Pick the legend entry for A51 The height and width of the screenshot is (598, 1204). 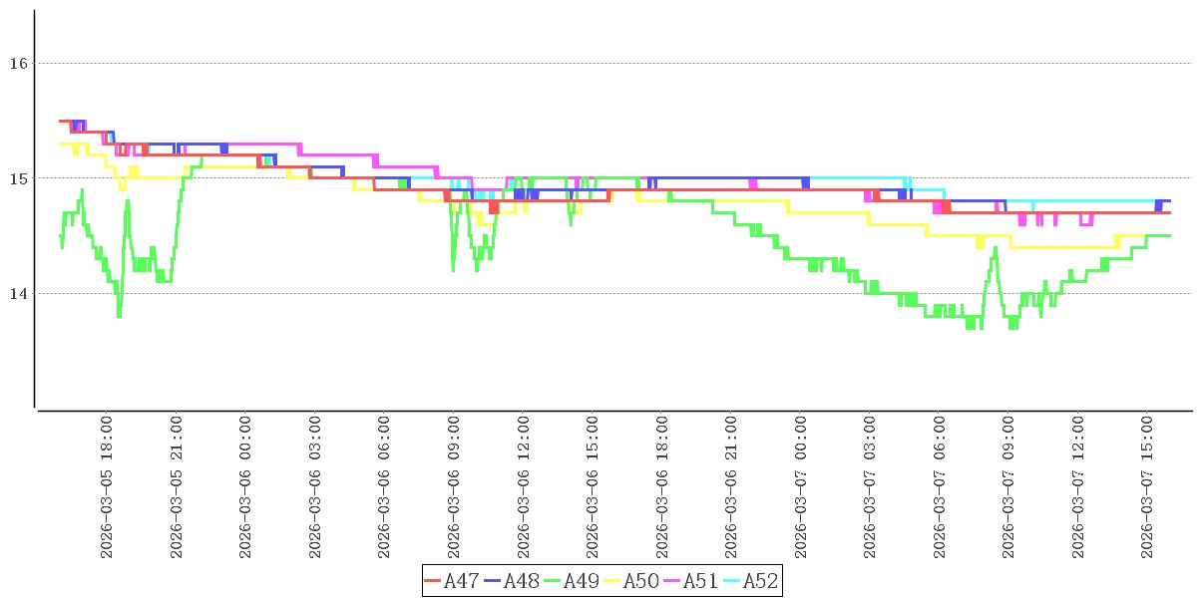coord(690,580)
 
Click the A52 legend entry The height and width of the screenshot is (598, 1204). coord(750,580)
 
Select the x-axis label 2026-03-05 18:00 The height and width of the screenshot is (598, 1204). coord(107,488)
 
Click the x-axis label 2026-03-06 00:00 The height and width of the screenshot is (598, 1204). coord(245,488)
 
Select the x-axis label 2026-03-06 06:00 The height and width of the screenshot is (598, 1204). coord(385,488)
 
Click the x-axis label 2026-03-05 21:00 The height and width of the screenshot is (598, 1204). coord(177,488)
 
